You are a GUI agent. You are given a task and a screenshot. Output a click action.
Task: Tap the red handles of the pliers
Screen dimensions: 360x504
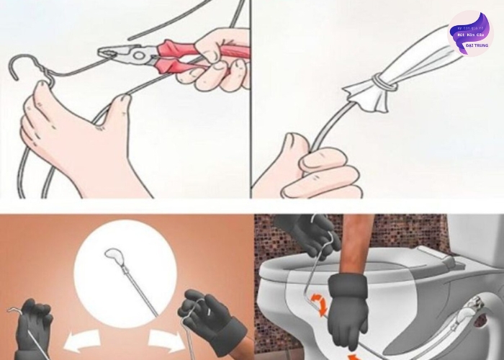coord(216,54)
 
